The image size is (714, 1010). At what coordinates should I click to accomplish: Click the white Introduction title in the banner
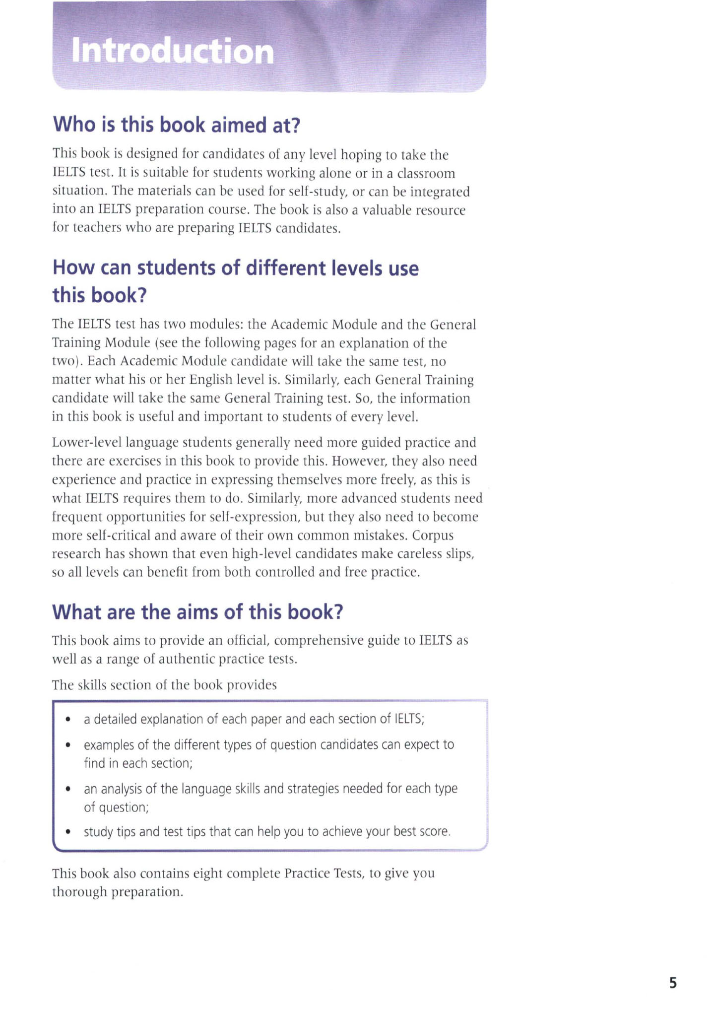click(173, 51)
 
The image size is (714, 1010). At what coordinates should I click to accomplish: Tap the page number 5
click(672, 983)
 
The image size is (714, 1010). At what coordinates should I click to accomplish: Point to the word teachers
click(96, 228)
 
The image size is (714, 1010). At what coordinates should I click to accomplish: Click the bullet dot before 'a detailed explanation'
click(68, 719)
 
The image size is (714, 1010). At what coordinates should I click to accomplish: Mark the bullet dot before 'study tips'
click(68, 832)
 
